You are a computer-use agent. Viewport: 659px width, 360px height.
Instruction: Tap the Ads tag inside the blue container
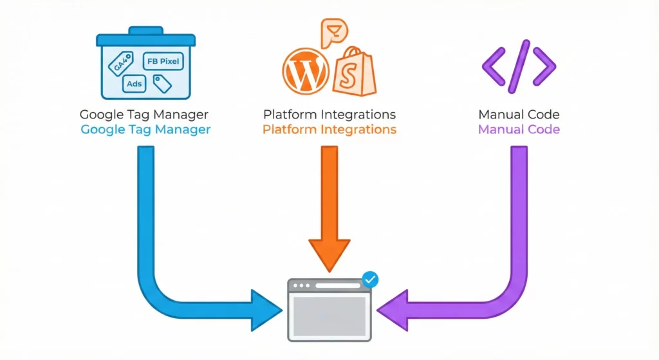pyautogui.click(x=134, y=84)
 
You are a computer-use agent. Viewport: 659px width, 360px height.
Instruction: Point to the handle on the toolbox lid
pyautogui.click(x=145, y=30)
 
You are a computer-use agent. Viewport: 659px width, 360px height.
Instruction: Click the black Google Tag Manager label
pyautogui.click(x=144, y=115)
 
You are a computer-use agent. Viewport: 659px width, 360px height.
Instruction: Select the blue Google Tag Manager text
pyautogui.click(x=145, y=129)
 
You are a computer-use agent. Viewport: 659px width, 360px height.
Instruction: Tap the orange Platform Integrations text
pyautogui.click(x=329, y=129)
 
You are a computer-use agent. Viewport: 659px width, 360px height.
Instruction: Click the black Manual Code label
pyautogui.click(x=519, y=115)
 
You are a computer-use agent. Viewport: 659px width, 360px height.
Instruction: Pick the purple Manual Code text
pyautogui.click(x=519, y=129)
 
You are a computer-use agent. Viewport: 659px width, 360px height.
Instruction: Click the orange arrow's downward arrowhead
pyautogui.click(x=329, y=254)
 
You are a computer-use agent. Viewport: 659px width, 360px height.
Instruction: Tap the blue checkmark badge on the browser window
pyautogui.click(x=371, y=279)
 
